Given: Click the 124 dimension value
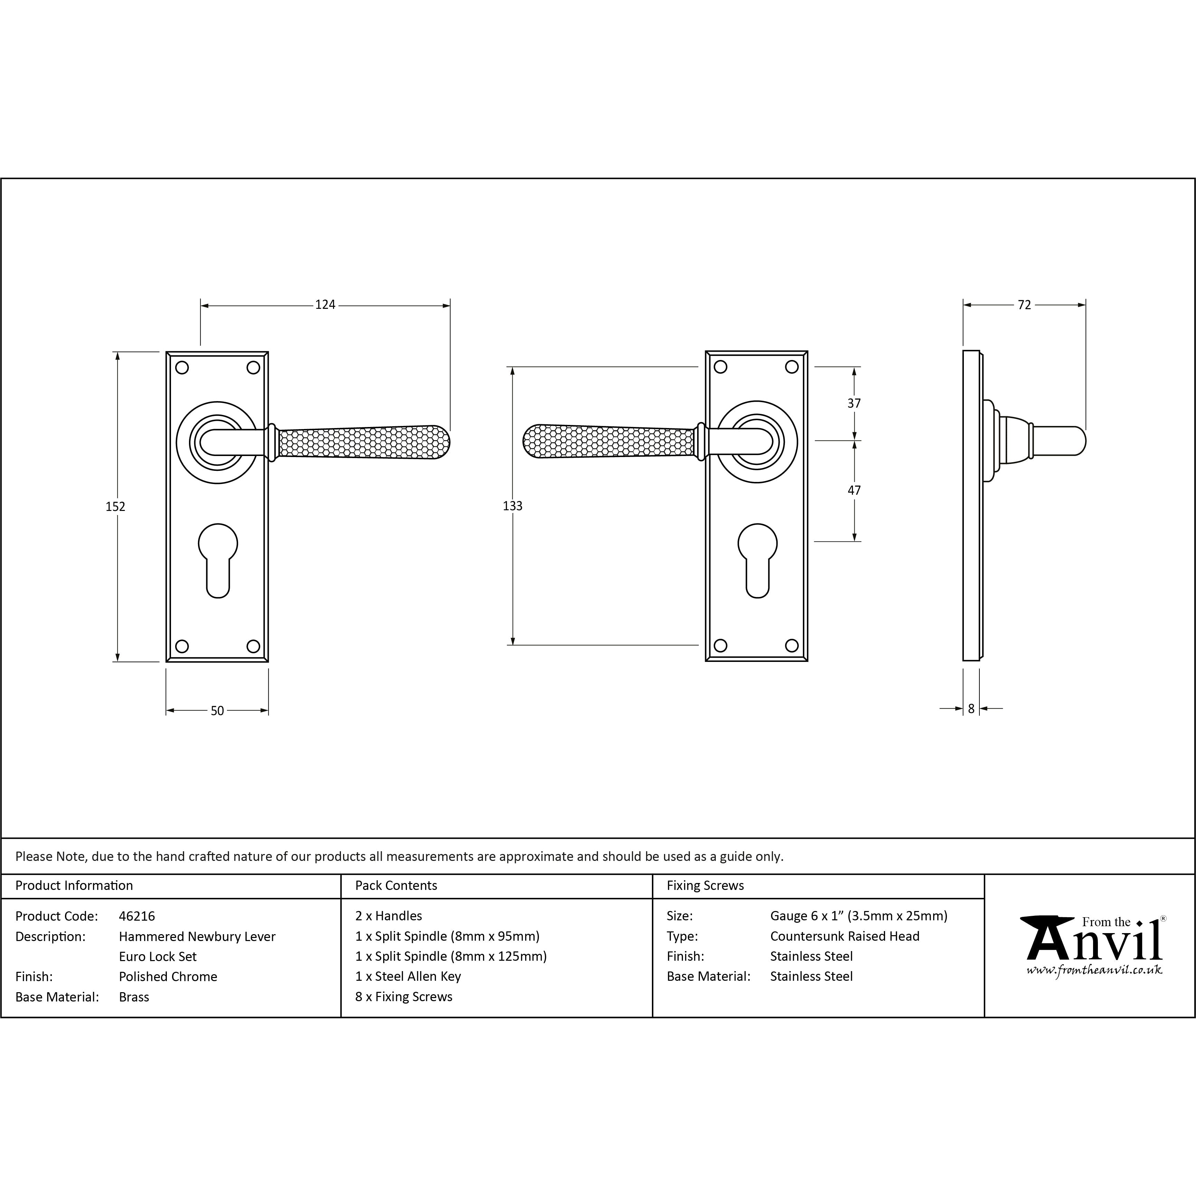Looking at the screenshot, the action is coord(325,305).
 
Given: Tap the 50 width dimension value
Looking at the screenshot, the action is coord(217,711).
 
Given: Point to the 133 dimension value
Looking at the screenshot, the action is coord(513,506).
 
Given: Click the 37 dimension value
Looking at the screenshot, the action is coord(854,403).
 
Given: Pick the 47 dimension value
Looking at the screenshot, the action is coord(854,490).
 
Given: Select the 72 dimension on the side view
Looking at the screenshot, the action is coord(1025,305).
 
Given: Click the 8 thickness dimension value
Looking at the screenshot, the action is coord(971,708).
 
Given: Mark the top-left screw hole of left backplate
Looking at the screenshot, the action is coord(182,368).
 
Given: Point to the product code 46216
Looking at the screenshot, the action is coord(137,915).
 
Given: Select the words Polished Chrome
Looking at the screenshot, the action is coord(168,976).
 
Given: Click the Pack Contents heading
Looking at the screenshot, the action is coord(396,885).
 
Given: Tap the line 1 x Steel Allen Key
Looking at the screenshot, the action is coord(408,976).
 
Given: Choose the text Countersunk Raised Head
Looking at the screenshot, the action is coord(844,936).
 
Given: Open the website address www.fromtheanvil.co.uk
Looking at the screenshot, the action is coord(1094,970).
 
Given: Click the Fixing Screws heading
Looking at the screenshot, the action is coord(705,885).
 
